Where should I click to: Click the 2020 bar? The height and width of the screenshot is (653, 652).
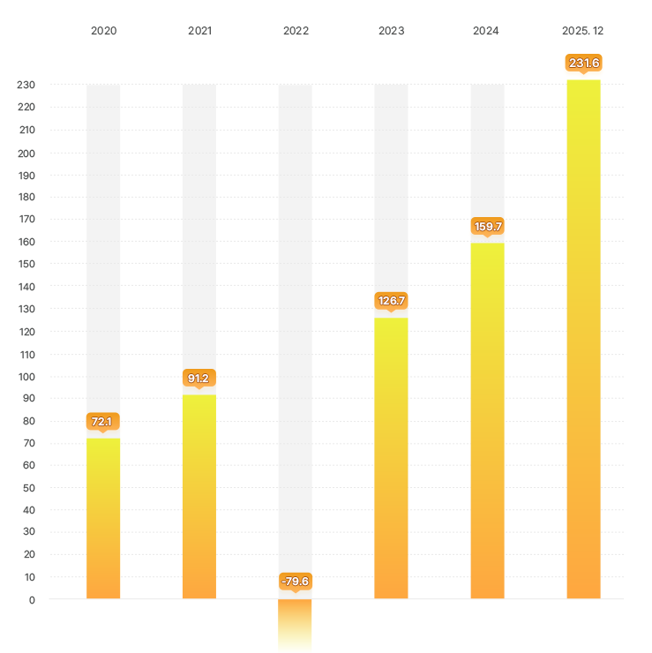pos(103,519)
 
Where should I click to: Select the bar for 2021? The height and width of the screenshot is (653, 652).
pos(199,497)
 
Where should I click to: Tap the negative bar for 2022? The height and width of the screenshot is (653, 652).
pos(295,626)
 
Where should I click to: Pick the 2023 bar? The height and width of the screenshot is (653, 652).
pos(391,458)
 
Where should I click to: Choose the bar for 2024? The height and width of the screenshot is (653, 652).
pos(487,421)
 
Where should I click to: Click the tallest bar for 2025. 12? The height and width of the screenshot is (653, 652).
pos(583,340)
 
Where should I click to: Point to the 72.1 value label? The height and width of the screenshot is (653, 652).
pos(103,421)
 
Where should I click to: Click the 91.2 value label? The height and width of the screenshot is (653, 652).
pos(199,378)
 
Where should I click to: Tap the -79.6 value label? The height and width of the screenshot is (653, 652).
pos(295,582)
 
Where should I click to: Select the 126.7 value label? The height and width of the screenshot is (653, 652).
pos(391,301)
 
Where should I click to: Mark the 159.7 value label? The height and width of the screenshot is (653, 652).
pos(487,227)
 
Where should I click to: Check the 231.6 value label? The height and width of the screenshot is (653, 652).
pos(583,63)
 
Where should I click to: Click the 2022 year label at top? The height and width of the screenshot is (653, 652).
pos(296,31)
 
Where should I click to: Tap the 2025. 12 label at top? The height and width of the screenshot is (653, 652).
pos(583,31)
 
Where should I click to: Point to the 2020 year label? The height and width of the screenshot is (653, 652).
pos(103,31)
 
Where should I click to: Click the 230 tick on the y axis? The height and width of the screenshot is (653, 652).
pos(26,86)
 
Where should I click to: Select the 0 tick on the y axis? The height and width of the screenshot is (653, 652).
pos(32,600)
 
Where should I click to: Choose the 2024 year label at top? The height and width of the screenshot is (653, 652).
pos(486,31)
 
